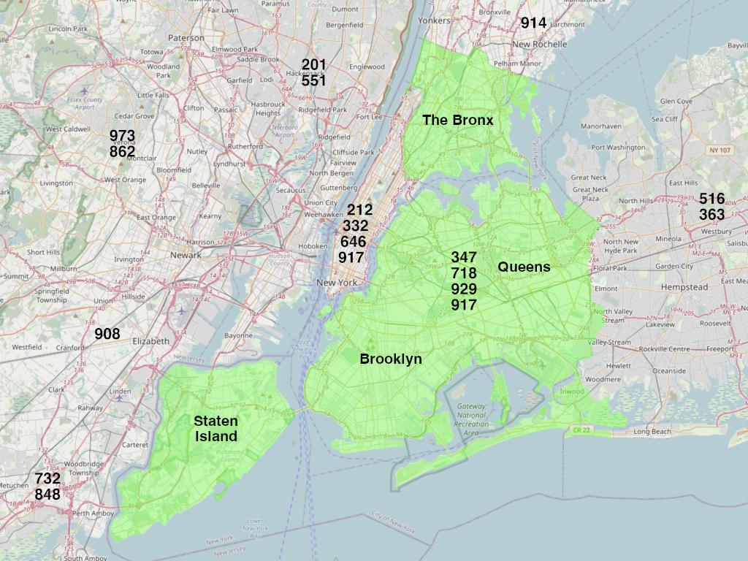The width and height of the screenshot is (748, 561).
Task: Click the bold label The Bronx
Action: point(458,120)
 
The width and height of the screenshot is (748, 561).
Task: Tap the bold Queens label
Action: point(524,267)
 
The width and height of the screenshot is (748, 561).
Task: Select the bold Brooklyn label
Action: point(390,359)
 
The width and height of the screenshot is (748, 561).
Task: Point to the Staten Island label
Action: point(215,429)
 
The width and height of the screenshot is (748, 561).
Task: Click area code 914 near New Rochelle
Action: point(533,23)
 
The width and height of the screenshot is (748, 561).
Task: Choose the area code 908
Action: point(107,334)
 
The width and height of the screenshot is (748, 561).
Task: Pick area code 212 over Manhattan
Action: point(359,210)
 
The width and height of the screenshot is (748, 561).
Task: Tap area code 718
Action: point(464,273)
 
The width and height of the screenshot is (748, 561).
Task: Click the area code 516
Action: point(711,199)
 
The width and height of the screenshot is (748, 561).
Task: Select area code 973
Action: point(122,136)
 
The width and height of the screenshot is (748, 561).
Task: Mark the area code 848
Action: point(47,495)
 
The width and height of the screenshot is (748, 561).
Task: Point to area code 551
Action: point(313,81)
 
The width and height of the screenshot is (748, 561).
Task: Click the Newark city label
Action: point(185,256)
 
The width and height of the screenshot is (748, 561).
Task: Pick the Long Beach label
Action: point(652,432)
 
